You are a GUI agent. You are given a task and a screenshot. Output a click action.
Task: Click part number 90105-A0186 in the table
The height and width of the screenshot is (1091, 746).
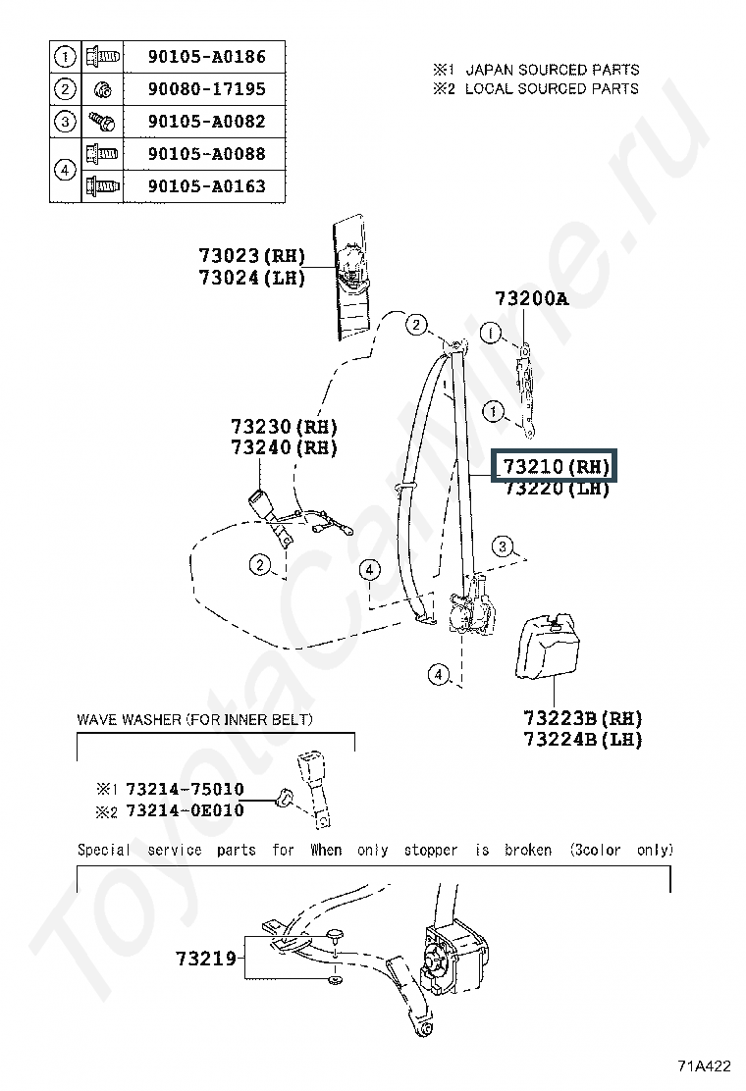[x=206, y=57]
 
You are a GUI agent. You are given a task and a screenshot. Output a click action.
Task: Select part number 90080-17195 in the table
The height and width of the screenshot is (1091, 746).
[x=206, y=89]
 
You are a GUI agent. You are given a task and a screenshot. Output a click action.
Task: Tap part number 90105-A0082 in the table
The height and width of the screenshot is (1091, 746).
[x=206, y=122]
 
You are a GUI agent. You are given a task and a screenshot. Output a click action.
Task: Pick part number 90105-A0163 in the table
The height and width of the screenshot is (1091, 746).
[x=206, y=185]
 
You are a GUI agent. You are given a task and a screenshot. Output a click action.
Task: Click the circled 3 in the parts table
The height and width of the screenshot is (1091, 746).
[x=65, y=122]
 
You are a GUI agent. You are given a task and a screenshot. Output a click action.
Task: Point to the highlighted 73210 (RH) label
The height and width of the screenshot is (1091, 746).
[x=557, y=466]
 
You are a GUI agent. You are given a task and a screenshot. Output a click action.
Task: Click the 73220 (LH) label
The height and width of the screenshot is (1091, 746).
[x=557, y=488]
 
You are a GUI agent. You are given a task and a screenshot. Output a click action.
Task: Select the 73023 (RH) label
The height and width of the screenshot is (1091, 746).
[x=251, y=256]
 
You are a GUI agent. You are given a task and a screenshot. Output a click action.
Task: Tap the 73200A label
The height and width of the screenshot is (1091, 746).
[x=531, y=298]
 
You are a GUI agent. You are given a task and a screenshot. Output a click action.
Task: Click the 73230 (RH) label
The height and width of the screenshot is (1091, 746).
[x=284, y=427]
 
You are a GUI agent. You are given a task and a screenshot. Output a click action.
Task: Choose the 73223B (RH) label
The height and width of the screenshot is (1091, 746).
[x=582, y=717]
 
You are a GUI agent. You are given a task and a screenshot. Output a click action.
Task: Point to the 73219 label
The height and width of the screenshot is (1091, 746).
[x=206, y=957]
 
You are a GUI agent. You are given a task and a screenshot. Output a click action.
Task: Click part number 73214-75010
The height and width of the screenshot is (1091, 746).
[x=184, y=790]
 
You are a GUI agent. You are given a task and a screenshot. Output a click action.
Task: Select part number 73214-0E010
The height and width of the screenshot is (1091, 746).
[x=184, y=810]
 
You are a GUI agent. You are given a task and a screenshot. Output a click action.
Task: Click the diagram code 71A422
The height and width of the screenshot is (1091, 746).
[x=704, y=1066]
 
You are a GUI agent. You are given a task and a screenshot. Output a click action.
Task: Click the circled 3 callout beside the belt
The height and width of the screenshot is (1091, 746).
[x=502, y=546]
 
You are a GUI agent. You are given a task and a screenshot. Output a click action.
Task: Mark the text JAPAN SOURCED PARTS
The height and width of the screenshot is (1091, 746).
[x=552, y=70]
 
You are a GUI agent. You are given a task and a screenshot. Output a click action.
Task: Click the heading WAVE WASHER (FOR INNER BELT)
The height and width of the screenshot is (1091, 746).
[x=195, y=720]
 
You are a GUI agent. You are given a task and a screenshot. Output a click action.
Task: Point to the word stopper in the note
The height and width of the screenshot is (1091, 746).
[x=430, y=850]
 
